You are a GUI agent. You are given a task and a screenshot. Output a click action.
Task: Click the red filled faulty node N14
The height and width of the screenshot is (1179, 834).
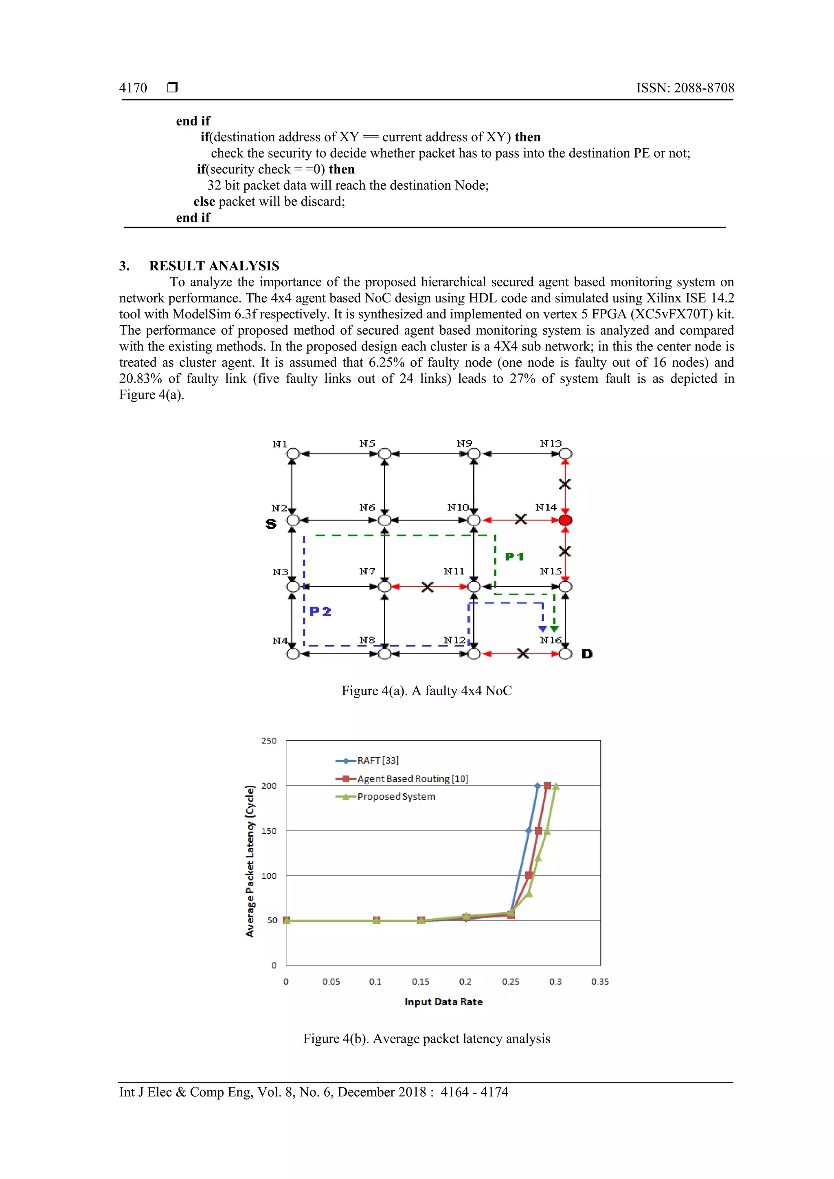[x=565, y=520]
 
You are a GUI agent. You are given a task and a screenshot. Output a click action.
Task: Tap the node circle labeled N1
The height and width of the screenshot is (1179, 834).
[x=293, y=454]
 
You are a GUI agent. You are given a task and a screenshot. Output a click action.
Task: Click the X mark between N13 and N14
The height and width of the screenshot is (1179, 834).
[x=564, y=484]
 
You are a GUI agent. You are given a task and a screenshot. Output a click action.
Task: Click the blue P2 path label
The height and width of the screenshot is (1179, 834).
[x=320, y=611]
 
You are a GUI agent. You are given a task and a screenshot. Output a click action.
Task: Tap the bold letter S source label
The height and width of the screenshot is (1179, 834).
[x=271, y=524]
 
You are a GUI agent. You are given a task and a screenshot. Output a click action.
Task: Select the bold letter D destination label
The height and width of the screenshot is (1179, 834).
[x=587, y=654]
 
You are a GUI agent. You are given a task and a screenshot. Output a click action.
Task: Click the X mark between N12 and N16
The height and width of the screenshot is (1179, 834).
[x=523, y=654]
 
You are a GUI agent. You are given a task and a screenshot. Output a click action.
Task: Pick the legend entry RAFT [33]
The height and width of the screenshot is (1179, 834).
[x=377, y=760]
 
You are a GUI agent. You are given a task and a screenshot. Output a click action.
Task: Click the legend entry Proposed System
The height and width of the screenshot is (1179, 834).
[x=396, y=796]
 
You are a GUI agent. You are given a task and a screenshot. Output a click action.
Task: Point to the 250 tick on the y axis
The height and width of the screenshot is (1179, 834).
[x=269, y=741]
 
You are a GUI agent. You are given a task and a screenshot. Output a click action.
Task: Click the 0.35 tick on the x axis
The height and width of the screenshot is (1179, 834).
[x=600, y=981]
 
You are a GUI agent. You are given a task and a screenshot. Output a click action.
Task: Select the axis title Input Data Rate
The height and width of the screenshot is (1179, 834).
[x=443, y=1001]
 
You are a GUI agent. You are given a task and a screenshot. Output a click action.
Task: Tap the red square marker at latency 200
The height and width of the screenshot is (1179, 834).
[x=547, y=786]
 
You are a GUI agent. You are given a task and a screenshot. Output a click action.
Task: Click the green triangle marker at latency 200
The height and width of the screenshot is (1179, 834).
[x=555, y=786]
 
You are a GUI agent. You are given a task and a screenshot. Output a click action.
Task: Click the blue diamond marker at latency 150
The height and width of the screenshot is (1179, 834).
[x=529, y=831]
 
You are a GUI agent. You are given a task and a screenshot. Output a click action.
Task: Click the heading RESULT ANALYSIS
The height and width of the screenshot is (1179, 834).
[x=214, y=265]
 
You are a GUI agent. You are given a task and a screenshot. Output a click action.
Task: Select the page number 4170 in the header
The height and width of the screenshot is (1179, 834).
[x=133, y=88]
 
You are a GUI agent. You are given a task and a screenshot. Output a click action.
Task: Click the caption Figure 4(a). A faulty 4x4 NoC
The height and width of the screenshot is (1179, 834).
[x=426, y=690]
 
